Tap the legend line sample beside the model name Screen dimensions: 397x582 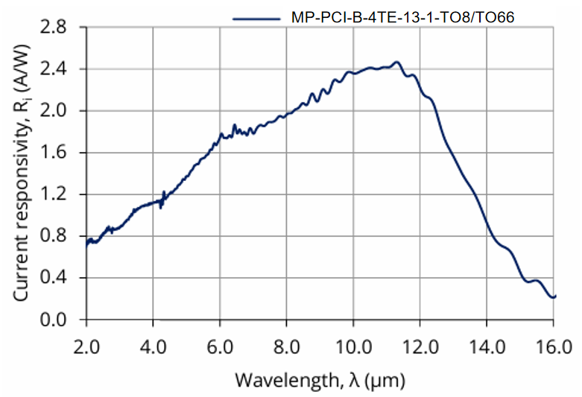(256, 16)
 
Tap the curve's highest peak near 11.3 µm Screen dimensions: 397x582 (396, 63)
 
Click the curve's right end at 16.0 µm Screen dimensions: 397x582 (554, 296)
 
